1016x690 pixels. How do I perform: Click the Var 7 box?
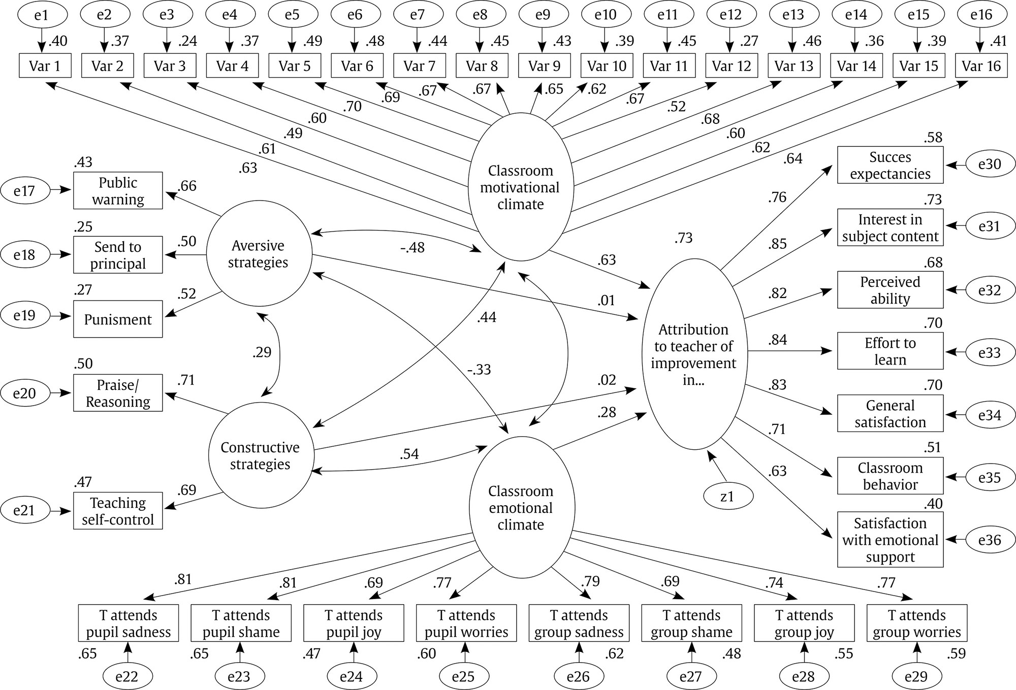tap(420, 66)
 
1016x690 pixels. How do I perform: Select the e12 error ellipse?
tap(731, 15)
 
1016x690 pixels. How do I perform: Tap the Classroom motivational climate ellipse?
tap(521, 187)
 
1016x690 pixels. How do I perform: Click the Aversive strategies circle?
tap(259, 254)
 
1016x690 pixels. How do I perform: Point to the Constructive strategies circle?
tap(261, 455)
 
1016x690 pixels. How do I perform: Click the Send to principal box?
tap(118, 255)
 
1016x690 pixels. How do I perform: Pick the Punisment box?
tap(118, 319)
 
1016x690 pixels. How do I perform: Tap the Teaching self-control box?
tap(118, 511)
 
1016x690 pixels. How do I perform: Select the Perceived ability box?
tap(890, 290)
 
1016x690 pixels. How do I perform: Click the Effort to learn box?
tap(890, 351)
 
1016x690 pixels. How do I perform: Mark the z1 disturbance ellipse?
tap(727, 496)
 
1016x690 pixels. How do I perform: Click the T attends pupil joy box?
tap(354, 623)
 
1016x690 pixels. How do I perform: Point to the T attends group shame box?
tap(692, 623)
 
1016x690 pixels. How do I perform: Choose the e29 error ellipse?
tap(916, 676)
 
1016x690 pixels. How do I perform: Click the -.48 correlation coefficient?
tap(412, 248)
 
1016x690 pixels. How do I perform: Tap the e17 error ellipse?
tap(24, 190)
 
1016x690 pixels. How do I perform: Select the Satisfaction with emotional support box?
tap(890, 540)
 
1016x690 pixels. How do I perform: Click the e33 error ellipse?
tap(990, 352)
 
